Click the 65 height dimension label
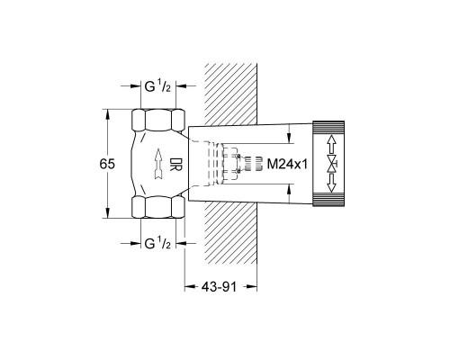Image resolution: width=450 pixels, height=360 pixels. [x=107, y=164]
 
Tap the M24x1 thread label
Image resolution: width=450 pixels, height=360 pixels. [x=287, y=164]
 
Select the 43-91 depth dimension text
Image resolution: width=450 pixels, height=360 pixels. [x=219, y=287]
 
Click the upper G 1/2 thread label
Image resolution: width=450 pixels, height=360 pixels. [x=157, y=86]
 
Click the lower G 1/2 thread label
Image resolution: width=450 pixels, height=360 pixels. [x=157, y=243]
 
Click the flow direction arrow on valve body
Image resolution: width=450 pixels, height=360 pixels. [x=158, y=164]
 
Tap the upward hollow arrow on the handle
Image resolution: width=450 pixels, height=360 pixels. [x=331, y=144]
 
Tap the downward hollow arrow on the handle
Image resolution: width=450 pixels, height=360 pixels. [x=331, y=183]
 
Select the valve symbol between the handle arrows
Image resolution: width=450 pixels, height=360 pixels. [x=332, y=164]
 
